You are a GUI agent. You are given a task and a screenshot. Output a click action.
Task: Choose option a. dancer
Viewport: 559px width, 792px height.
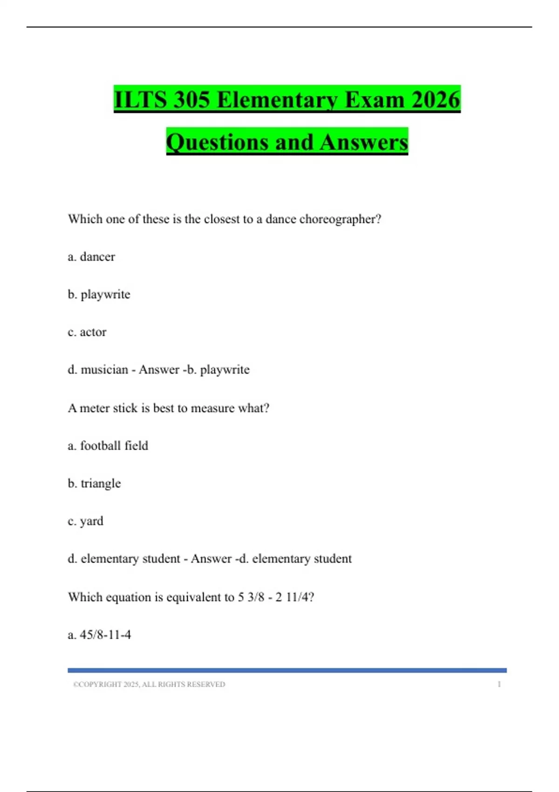click(91, 257)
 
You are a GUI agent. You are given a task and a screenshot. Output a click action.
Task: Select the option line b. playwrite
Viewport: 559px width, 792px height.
click(99, 294)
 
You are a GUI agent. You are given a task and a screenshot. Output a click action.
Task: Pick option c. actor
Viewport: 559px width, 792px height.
click(87, 332)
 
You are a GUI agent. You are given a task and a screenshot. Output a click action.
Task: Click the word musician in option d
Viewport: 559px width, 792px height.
click(104, 369)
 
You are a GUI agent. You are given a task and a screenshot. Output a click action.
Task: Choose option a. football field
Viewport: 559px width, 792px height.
click(108, 446)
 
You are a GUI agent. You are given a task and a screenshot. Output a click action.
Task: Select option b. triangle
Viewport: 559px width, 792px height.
click(94, 484)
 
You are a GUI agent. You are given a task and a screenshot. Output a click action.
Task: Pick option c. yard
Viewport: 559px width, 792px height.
click(86, 521)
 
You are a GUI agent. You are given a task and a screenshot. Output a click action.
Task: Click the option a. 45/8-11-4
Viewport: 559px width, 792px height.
click(99, 635)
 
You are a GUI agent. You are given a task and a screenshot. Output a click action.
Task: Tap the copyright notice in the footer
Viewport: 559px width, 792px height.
click(149, 684)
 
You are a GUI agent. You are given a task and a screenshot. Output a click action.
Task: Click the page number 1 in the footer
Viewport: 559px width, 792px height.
click(499, 684)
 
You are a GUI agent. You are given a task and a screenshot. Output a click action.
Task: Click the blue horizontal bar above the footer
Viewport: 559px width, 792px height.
click(287, 670)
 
